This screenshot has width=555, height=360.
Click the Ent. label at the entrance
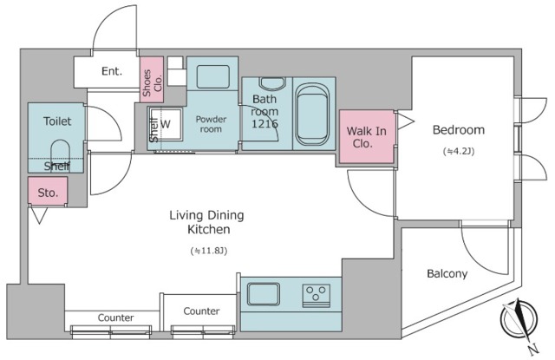[x=112, y=71]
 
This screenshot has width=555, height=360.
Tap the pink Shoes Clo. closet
[x=152, y=80]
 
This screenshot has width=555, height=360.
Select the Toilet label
[x=57, y=121]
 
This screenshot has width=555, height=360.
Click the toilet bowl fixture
[x=60, y=155]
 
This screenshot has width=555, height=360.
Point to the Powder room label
[x=211, y=124]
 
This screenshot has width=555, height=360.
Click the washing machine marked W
[x=166, y=124]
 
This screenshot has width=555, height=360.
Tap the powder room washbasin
[x=212, y=76]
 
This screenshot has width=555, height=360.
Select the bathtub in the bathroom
[x=312, y=115]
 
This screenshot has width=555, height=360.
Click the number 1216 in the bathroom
[x=264, y=124]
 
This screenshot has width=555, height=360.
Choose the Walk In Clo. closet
[x=367, y=137]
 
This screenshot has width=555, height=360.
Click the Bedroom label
[x=459, y=130]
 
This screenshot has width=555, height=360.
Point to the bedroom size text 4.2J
[x=459, y=151]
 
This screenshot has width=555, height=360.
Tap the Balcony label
[x=447, y=273]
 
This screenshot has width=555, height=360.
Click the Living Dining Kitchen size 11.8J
[x=208, y=251]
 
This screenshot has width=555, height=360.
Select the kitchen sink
[x=264, y=294]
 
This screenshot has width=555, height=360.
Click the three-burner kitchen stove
[x=316, y=296]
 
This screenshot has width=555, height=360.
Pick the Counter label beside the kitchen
[x=201, y=311]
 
